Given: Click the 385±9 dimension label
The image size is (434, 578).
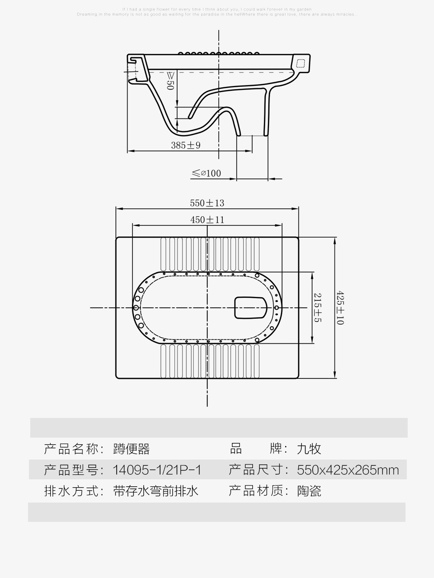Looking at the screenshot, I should [185, 145].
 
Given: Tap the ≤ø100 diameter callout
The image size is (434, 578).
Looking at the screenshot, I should [206, 173].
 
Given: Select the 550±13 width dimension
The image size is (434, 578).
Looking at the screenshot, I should [207, 203].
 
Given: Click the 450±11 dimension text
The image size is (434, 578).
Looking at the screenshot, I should [207, 220].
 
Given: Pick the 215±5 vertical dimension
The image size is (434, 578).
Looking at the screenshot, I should [318, 307].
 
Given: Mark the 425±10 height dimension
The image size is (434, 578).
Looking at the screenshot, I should [340, 307].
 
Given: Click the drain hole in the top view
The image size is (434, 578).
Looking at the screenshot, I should [251, 307].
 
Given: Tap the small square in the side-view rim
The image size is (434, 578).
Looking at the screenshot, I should [300, 63].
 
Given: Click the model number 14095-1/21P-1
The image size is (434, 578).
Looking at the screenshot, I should [157, 470].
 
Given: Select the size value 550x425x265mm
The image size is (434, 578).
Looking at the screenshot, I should [348, 470].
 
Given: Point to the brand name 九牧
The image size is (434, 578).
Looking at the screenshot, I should [309, 449].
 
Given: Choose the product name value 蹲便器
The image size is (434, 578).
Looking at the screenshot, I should [132, 449].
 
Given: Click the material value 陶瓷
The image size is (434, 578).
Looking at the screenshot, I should [309, 491].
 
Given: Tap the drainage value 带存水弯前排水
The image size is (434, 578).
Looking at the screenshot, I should [156, 491].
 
